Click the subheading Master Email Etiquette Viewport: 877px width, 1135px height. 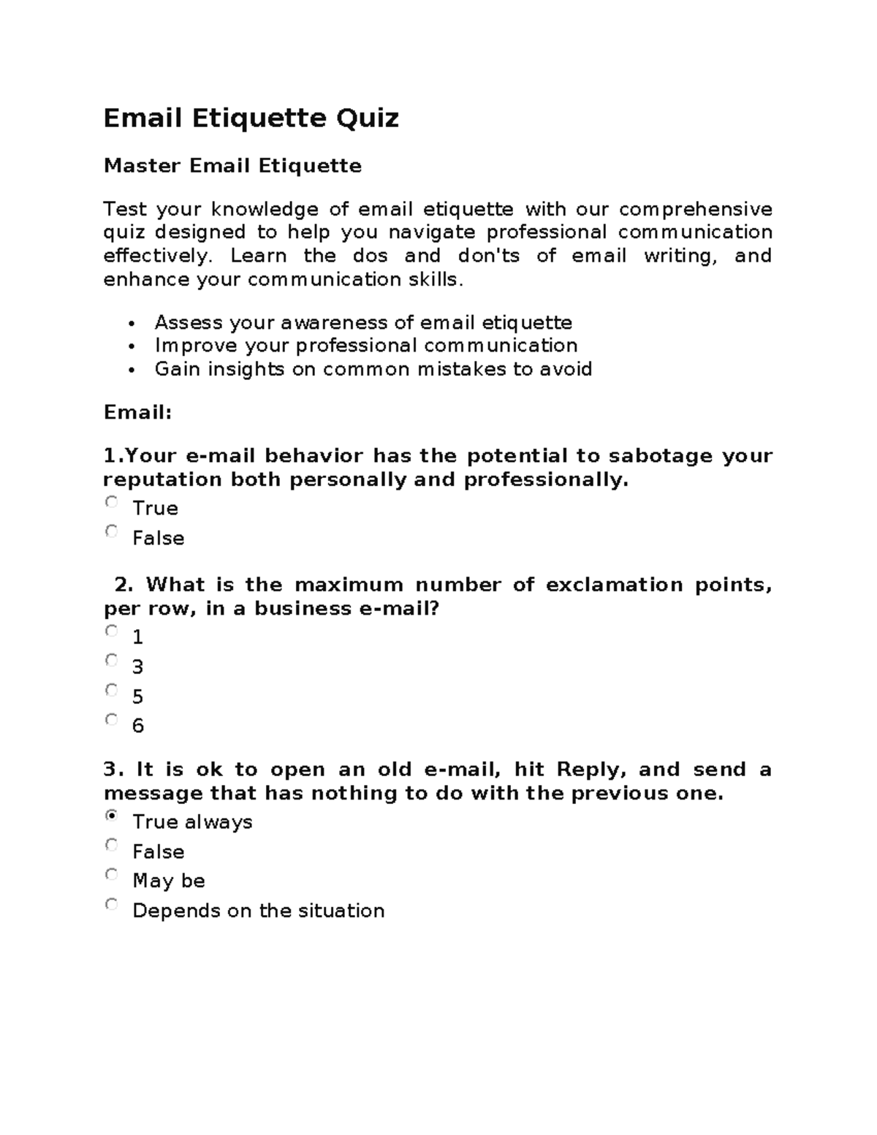(232, 166)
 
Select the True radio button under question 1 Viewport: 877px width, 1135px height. (111, 502)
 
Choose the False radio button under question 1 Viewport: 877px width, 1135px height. (111, 531)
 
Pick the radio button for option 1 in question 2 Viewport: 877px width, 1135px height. (111, 631)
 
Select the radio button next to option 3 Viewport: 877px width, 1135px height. (111, 660)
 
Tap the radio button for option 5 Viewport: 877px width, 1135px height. (111, 690)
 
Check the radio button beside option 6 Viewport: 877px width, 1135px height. (111, 719)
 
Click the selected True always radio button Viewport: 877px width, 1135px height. (111, 815)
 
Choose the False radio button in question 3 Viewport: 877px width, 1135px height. (111, 845)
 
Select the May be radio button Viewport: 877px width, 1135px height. (111, 874)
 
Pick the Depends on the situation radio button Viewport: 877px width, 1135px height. (111, 904)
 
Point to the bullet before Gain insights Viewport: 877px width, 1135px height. (131, 371)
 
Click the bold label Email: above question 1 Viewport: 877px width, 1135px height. (137, 413)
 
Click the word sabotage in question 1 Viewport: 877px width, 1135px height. (661, 456)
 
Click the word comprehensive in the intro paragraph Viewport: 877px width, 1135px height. (695, 210)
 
